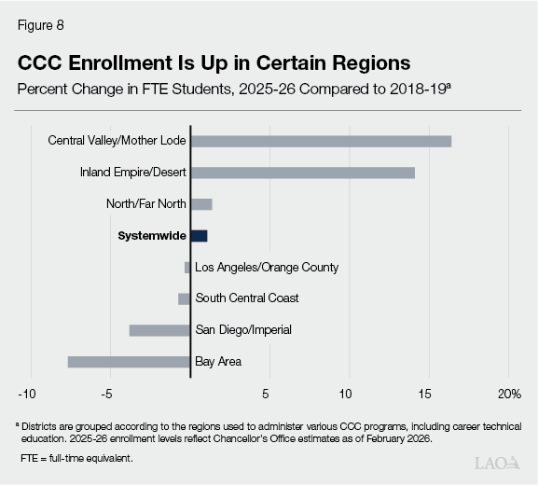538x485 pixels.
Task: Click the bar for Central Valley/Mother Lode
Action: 321,141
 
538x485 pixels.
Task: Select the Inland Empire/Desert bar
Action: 302,173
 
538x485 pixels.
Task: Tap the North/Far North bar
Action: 201,204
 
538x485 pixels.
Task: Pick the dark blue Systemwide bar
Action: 199,236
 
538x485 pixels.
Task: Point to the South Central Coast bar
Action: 184,298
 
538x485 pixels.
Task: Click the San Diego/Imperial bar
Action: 159,330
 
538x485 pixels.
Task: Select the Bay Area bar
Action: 129,362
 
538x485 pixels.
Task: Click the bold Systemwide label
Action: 151,236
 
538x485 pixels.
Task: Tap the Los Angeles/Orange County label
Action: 267,268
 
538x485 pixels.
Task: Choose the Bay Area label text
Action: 218,362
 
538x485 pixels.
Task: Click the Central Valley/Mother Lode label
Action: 117,141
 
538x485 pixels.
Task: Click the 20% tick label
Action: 509,392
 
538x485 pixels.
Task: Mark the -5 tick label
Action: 108,392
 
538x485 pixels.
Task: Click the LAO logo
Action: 496,463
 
